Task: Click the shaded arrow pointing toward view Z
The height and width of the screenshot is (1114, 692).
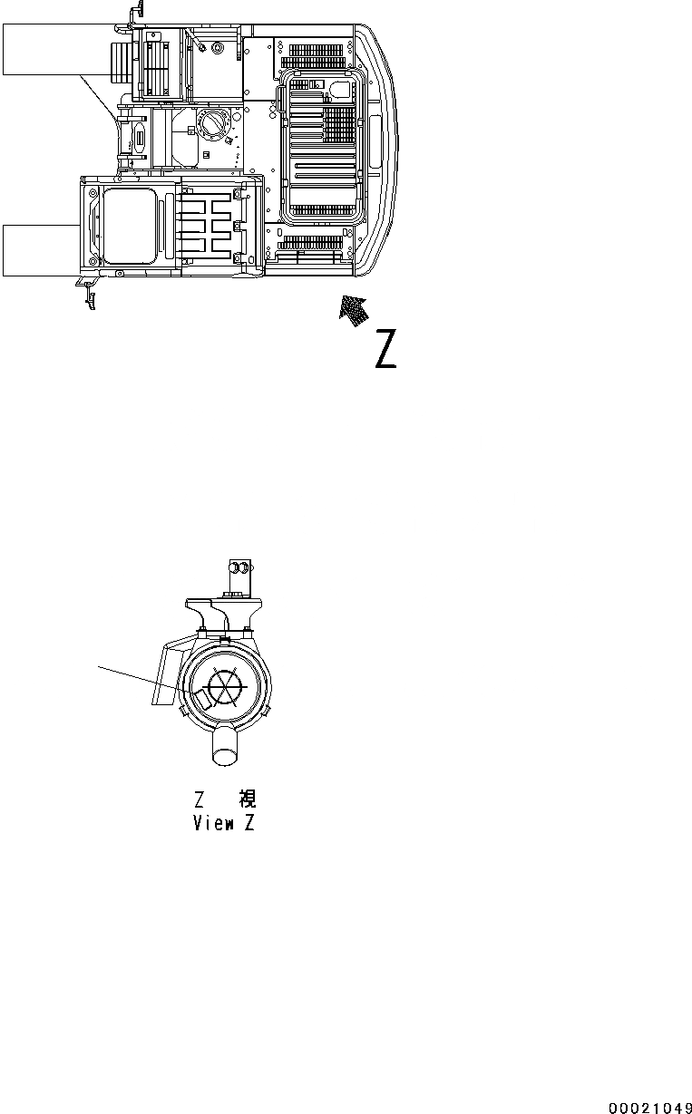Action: [x=354, y=311]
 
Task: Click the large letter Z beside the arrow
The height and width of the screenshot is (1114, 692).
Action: [x=385, y=350]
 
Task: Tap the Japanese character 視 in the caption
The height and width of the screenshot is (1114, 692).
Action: [x=247, y=799]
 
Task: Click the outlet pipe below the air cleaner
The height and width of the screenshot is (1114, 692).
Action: [x=226, y=749]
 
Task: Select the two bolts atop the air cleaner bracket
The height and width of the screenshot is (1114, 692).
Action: [x=239, y=568]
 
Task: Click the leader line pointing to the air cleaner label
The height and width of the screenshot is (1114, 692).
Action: [x=145, y=682]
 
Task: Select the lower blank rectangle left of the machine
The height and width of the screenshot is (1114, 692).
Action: [x=41, y=249]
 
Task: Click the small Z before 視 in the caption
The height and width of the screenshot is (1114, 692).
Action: [x=200, y=799]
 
